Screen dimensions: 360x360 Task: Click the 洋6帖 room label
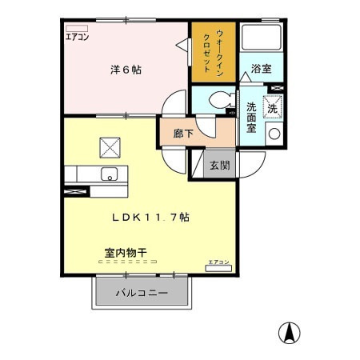click(126, 70)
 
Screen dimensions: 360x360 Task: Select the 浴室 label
click(261, 69)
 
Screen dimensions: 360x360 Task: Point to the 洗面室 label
click(250, 118)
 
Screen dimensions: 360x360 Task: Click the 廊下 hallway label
click(183, 134)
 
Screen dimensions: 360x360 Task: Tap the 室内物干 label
click(124, 252)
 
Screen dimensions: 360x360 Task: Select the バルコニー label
click(142, 293)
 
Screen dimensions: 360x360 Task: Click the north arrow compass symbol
click(288, 330)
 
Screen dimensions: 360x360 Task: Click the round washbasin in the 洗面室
click(274, 134)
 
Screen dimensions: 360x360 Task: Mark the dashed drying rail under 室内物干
click(124, 262)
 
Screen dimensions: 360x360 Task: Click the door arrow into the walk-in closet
click(186, 46)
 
